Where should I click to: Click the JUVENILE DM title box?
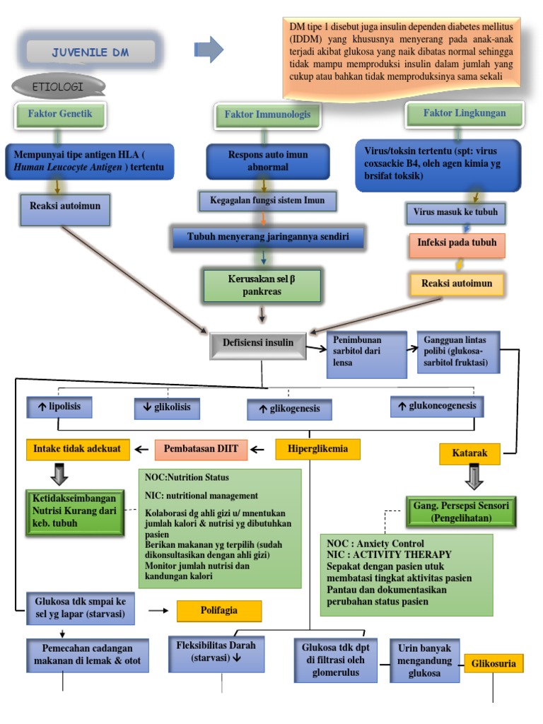pos(90,52)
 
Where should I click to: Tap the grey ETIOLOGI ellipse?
pos(59,86)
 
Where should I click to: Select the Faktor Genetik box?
pos(60,115)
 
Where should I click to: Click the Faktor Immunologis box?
pos(267,115)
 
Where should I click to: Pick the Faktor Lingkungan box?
pos(465,114)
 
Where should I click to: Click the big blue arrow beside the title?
pos(209,49)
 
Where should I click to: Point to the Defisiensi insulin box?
pos(258,345)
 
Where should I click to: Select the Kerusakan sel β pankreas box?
pos(262,286)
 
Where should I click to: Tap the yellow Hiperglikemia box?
pos(317,449)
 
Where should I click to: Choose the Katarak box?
pos(469,453)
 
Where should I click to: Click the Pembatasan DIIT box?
pos(201,450)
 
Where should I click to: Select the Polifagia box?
pos(219,611)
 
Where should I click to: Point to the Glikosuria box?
pos(494,664)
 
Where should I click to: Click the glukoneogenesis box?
pos(437,407)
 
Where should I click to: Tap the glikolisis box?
pos(167,408)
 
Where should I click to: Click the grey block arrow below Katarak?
pos(474,477)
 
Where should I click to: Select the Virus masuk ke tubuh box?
pos(456,213)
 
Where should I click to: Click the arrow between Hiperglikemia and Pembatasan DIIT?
pos(257,449)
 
